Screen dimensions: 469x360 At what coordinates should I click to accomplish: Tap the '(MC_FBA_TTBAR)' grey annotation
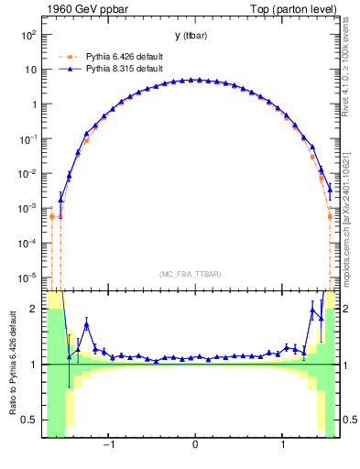[x=195, y=275]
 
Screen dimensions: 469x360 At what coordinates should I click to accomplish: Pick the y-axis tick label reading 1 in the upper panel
[x=33, y=104]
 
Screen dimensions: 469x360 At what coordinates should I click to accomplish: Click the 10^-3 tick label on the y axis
[x=28, y=208]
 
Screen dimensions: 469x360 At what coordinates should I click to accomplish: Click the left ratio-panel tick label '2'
[x=36, y=310]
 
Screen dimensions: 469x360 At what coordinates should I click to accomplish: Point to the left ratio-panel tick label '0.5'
[x=30, y=420]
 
